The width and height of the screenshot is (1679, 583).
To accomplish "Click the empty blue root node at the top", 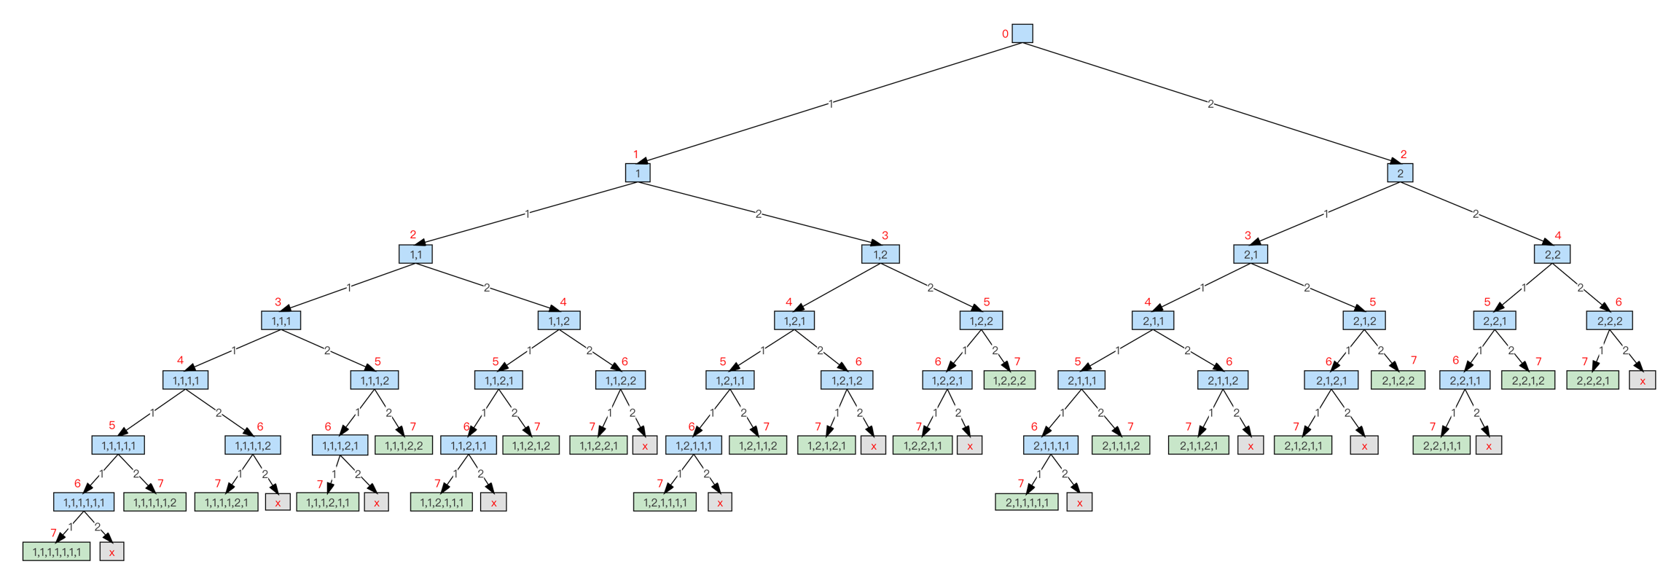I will tap(1022, 34).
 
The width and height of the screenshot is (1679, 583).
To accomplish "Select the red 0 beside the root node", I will tap(1006, 34).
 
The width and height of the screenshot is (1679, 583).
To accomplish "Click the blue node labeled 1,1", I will tap(415, 254).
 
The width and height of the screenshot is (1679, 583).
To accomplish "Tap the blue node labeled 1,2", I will tap(880, 254).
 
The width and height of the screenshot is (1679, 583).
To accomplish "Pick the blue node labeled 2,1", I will tap(1251, 254).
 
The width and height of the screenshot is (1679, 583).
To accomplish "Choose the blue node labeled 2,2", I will tap(1552, 254).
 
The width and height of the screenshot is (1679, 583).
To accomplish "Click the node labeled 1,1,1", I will tap(281, 321).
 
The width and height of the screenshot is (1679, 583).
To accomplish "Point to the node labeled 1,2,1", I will tap(794, 321).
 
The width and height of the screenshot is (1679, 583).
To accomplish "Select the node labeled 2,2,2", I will tap(1610, 321).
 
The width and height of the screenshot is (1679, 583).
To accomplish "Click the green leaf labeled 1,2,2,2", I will tap(1009, 380).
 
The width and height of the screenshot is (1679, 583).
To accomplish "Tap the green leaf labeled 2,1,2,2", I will tap(1398, 380).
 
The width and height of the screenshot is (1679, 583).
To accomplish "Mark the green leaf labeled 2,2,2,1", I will tap(1592, 380).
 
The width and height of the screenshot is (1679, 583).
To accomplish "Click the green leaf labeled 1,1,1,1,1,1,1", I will tap(57, 552).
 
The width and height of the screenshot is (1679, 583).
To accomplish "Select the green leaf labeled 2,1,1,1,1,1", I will tap(1027, 502).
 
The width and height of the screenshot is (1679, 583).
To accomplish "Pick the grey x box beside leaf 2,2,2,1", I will tap(1643, 380).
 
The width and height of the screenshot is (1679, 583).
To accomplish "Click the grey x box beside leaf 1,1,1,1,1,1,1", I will tap(111, 552).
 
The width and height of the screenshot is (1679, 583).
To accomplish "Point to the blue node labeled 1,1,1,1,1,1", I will tap(84, 502).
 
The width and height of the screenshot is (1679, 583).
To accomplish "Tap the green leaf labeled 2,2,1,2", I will tap(1528, 380).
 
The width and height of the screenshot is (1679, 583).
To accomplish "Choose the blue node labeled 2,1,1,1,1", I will tap(1051, 445).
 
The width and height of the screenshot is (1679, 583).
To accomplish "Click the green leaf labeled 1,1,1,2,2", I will tap(404, 445).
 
